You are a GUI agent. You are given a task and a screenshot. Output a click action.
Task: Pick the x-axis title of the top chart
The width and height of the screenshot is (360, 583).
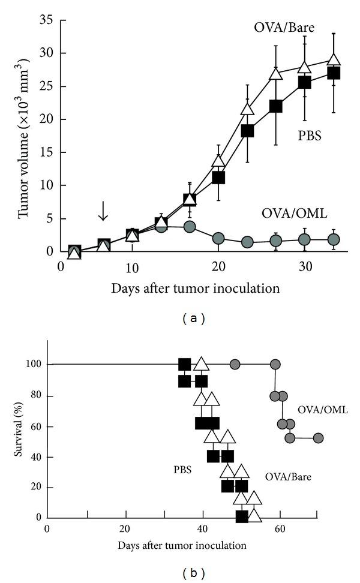pos(195,288)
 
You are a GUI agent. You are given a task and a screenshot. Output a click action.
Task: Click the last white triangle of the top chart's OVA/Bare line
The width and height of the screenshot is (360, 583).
pos(334,59)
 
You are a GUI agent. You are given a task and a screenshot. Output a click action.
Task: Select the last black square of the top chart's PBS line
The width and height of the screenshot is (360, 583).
pos(334,73)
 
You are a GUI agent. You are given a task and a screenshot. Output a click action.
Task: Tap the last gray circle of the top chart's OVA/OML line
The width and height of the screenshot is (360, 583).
pos(334,239)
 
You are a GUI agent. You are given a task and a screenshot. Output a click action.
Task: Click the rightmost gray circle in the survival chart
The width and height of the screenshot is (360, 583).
pos(318,438)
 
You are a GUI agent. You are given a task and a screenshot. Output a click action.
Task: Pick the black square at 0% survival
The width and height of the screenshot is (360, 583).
pos(242,516)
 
